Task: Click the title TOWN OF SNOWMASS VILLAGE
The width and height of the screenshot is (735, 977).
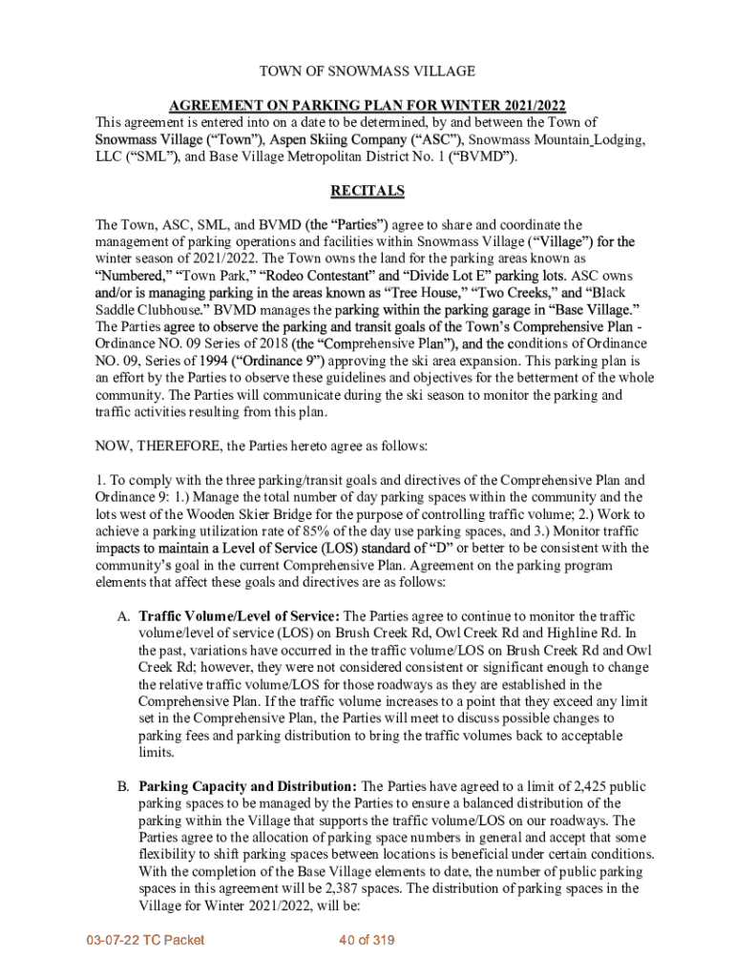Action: pyautogui.click(x=367, y=72)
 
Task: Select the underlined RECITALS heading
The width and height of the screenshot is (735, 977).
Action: pyautogui.click(x=367, y=191)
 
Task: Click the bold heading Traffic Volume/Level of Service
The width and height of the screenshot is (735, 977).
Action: pyautogui.click(x=239, y=616)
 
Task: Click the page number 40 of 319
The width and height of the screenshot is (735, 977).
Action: pyautogui.click(x=367, y=941)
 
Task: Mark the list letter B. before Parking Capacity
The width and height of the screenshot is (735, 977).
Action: pyautogui.click(x=123, y=786)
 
